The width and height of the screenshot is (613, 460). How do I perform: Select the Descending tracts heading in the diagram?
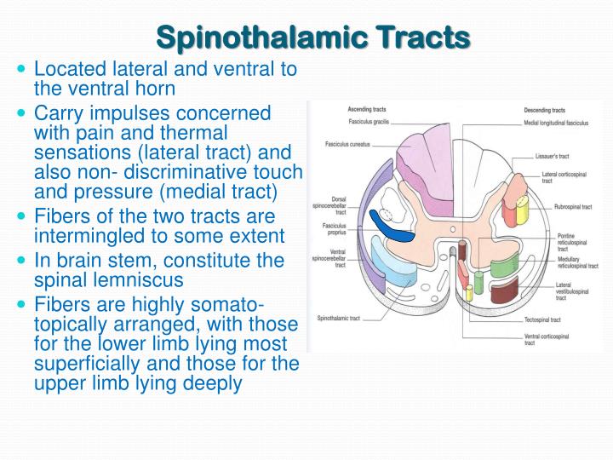545,110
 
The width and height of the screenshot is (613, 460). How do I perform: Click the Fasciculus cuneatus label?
346,143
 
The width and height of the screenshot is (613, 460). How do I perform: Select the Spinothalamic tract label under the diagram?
339,319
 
